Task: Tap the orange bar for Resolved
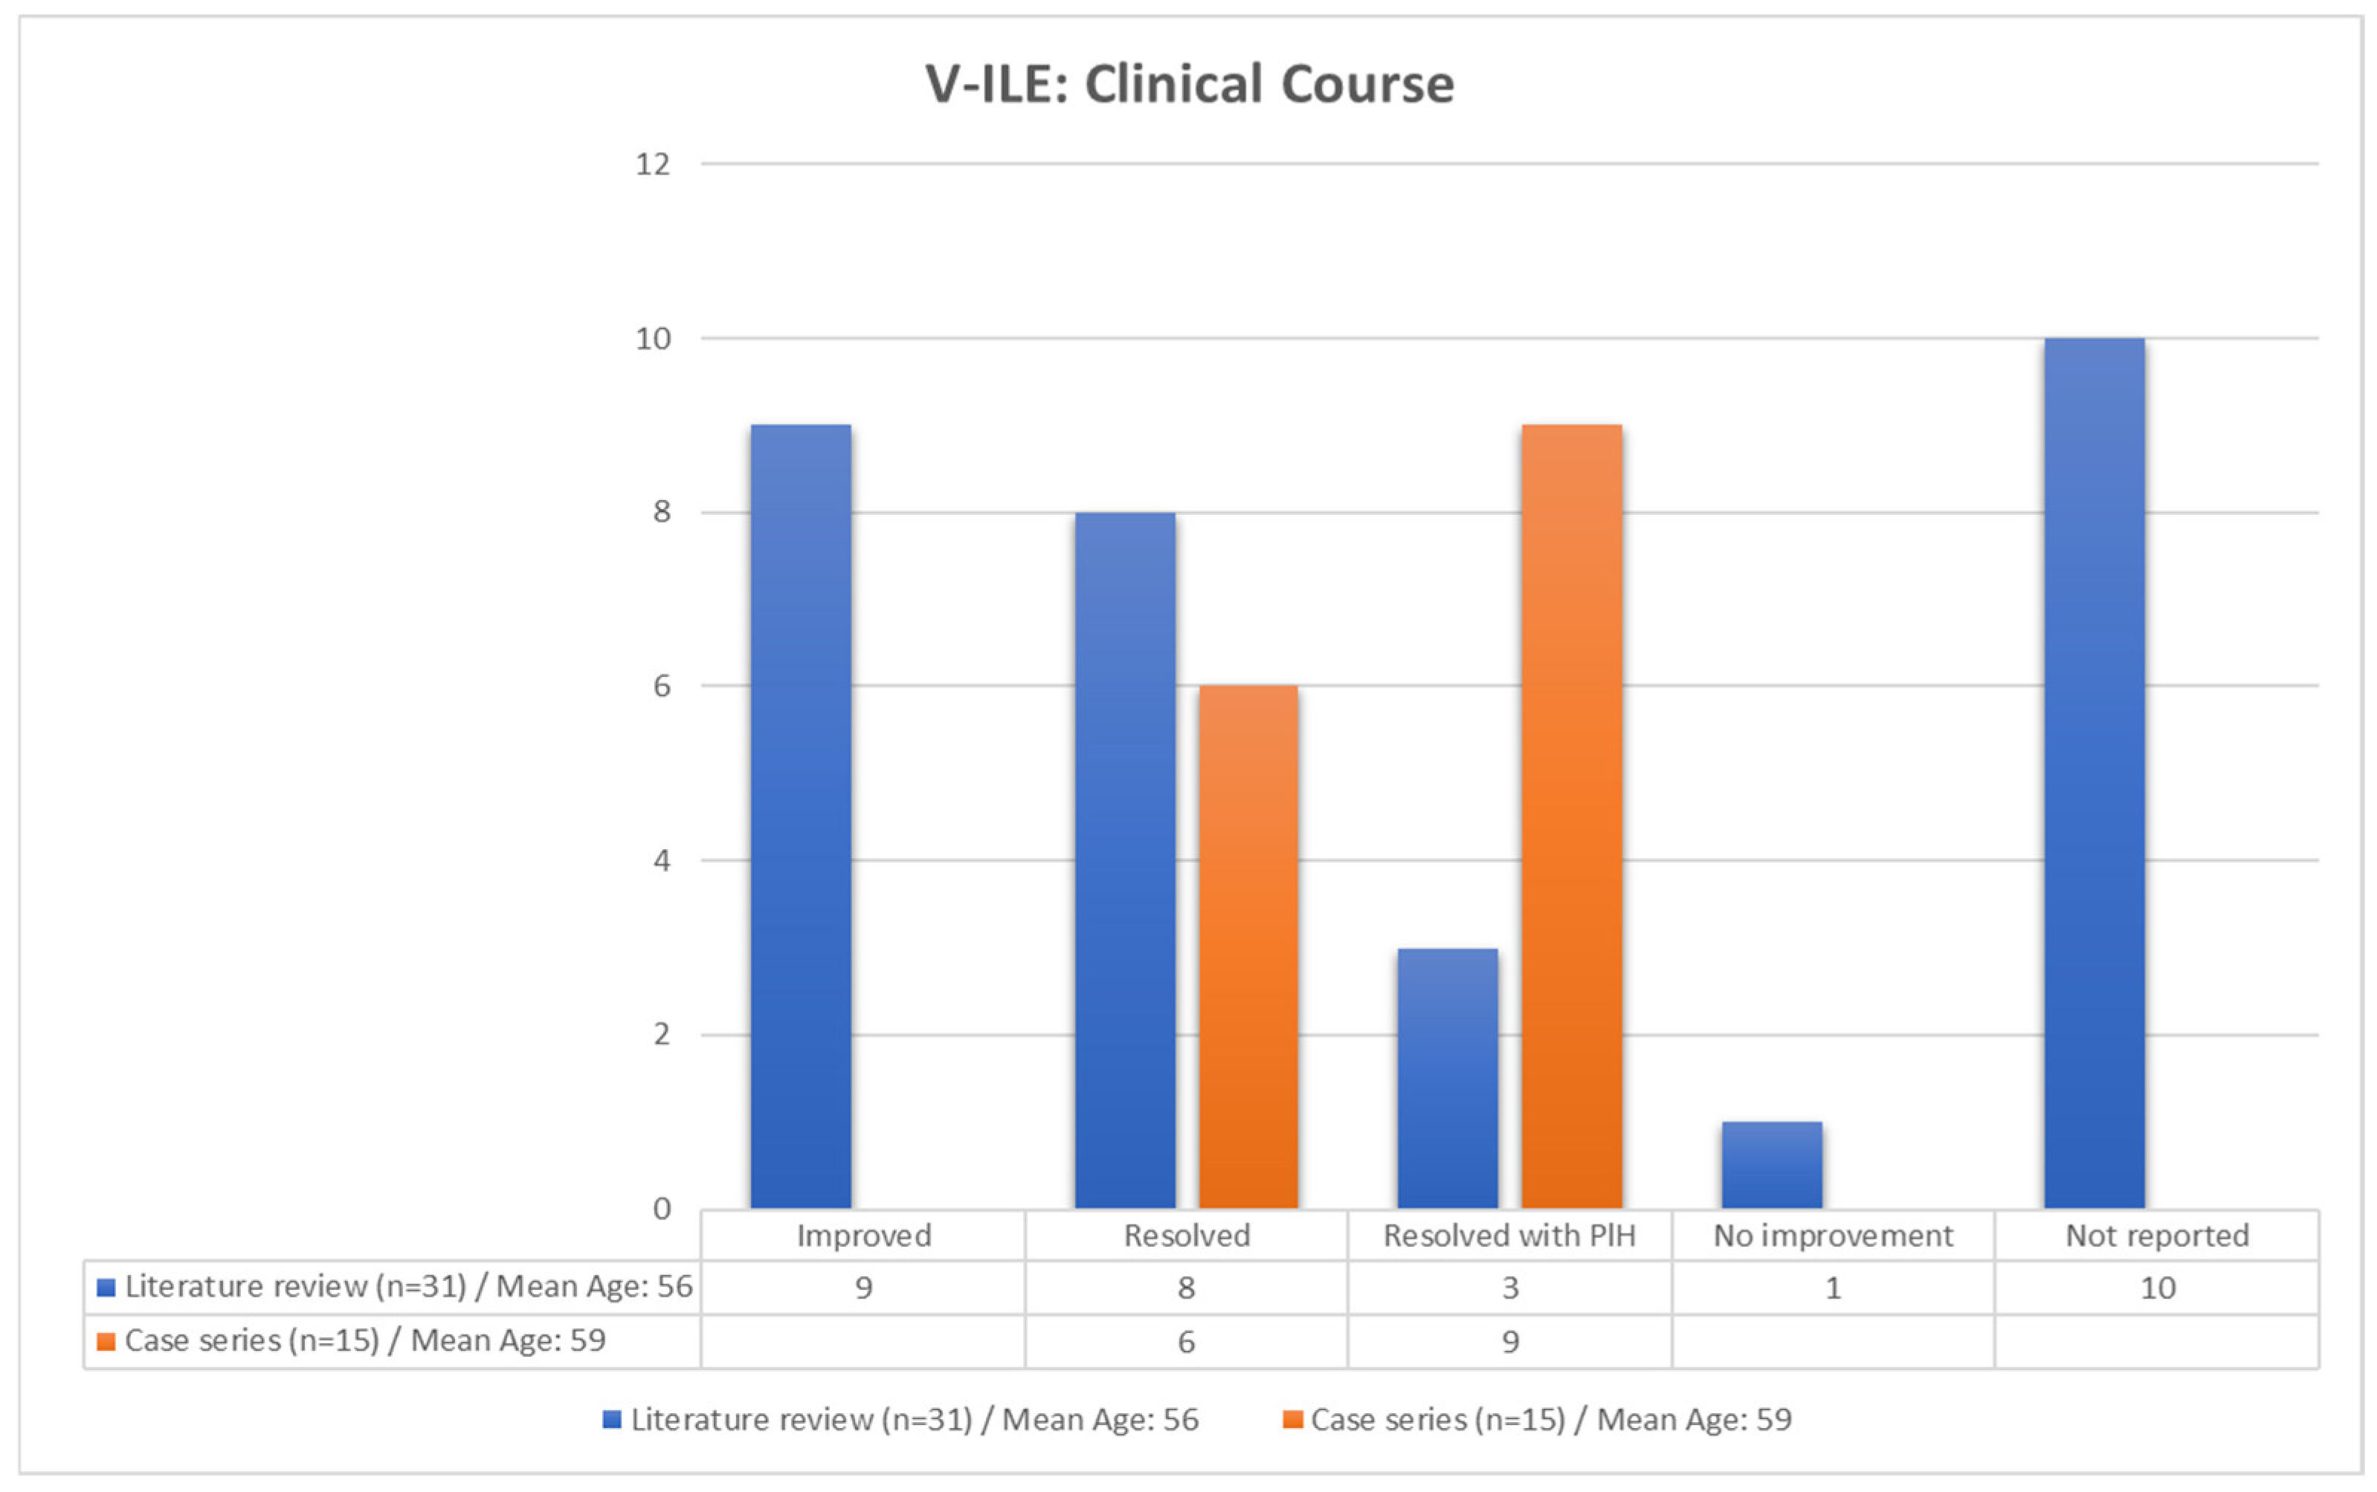(1248, 947)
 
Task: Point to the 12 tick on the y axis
(653, 163)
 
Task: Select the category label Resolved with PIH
(1509, 1236)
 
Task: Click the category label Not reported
(2157, 1236)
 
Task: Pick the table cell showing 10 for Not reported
(2157, 1288)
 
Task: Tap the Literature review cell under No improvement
(1833, 1288)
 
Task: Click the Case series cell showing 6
(1187, 1342)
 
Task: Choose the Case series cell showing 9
(1510, 1342)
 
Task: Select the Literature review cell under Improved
(864, 1288)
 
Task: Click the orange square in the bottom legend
(1293, 1420)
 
